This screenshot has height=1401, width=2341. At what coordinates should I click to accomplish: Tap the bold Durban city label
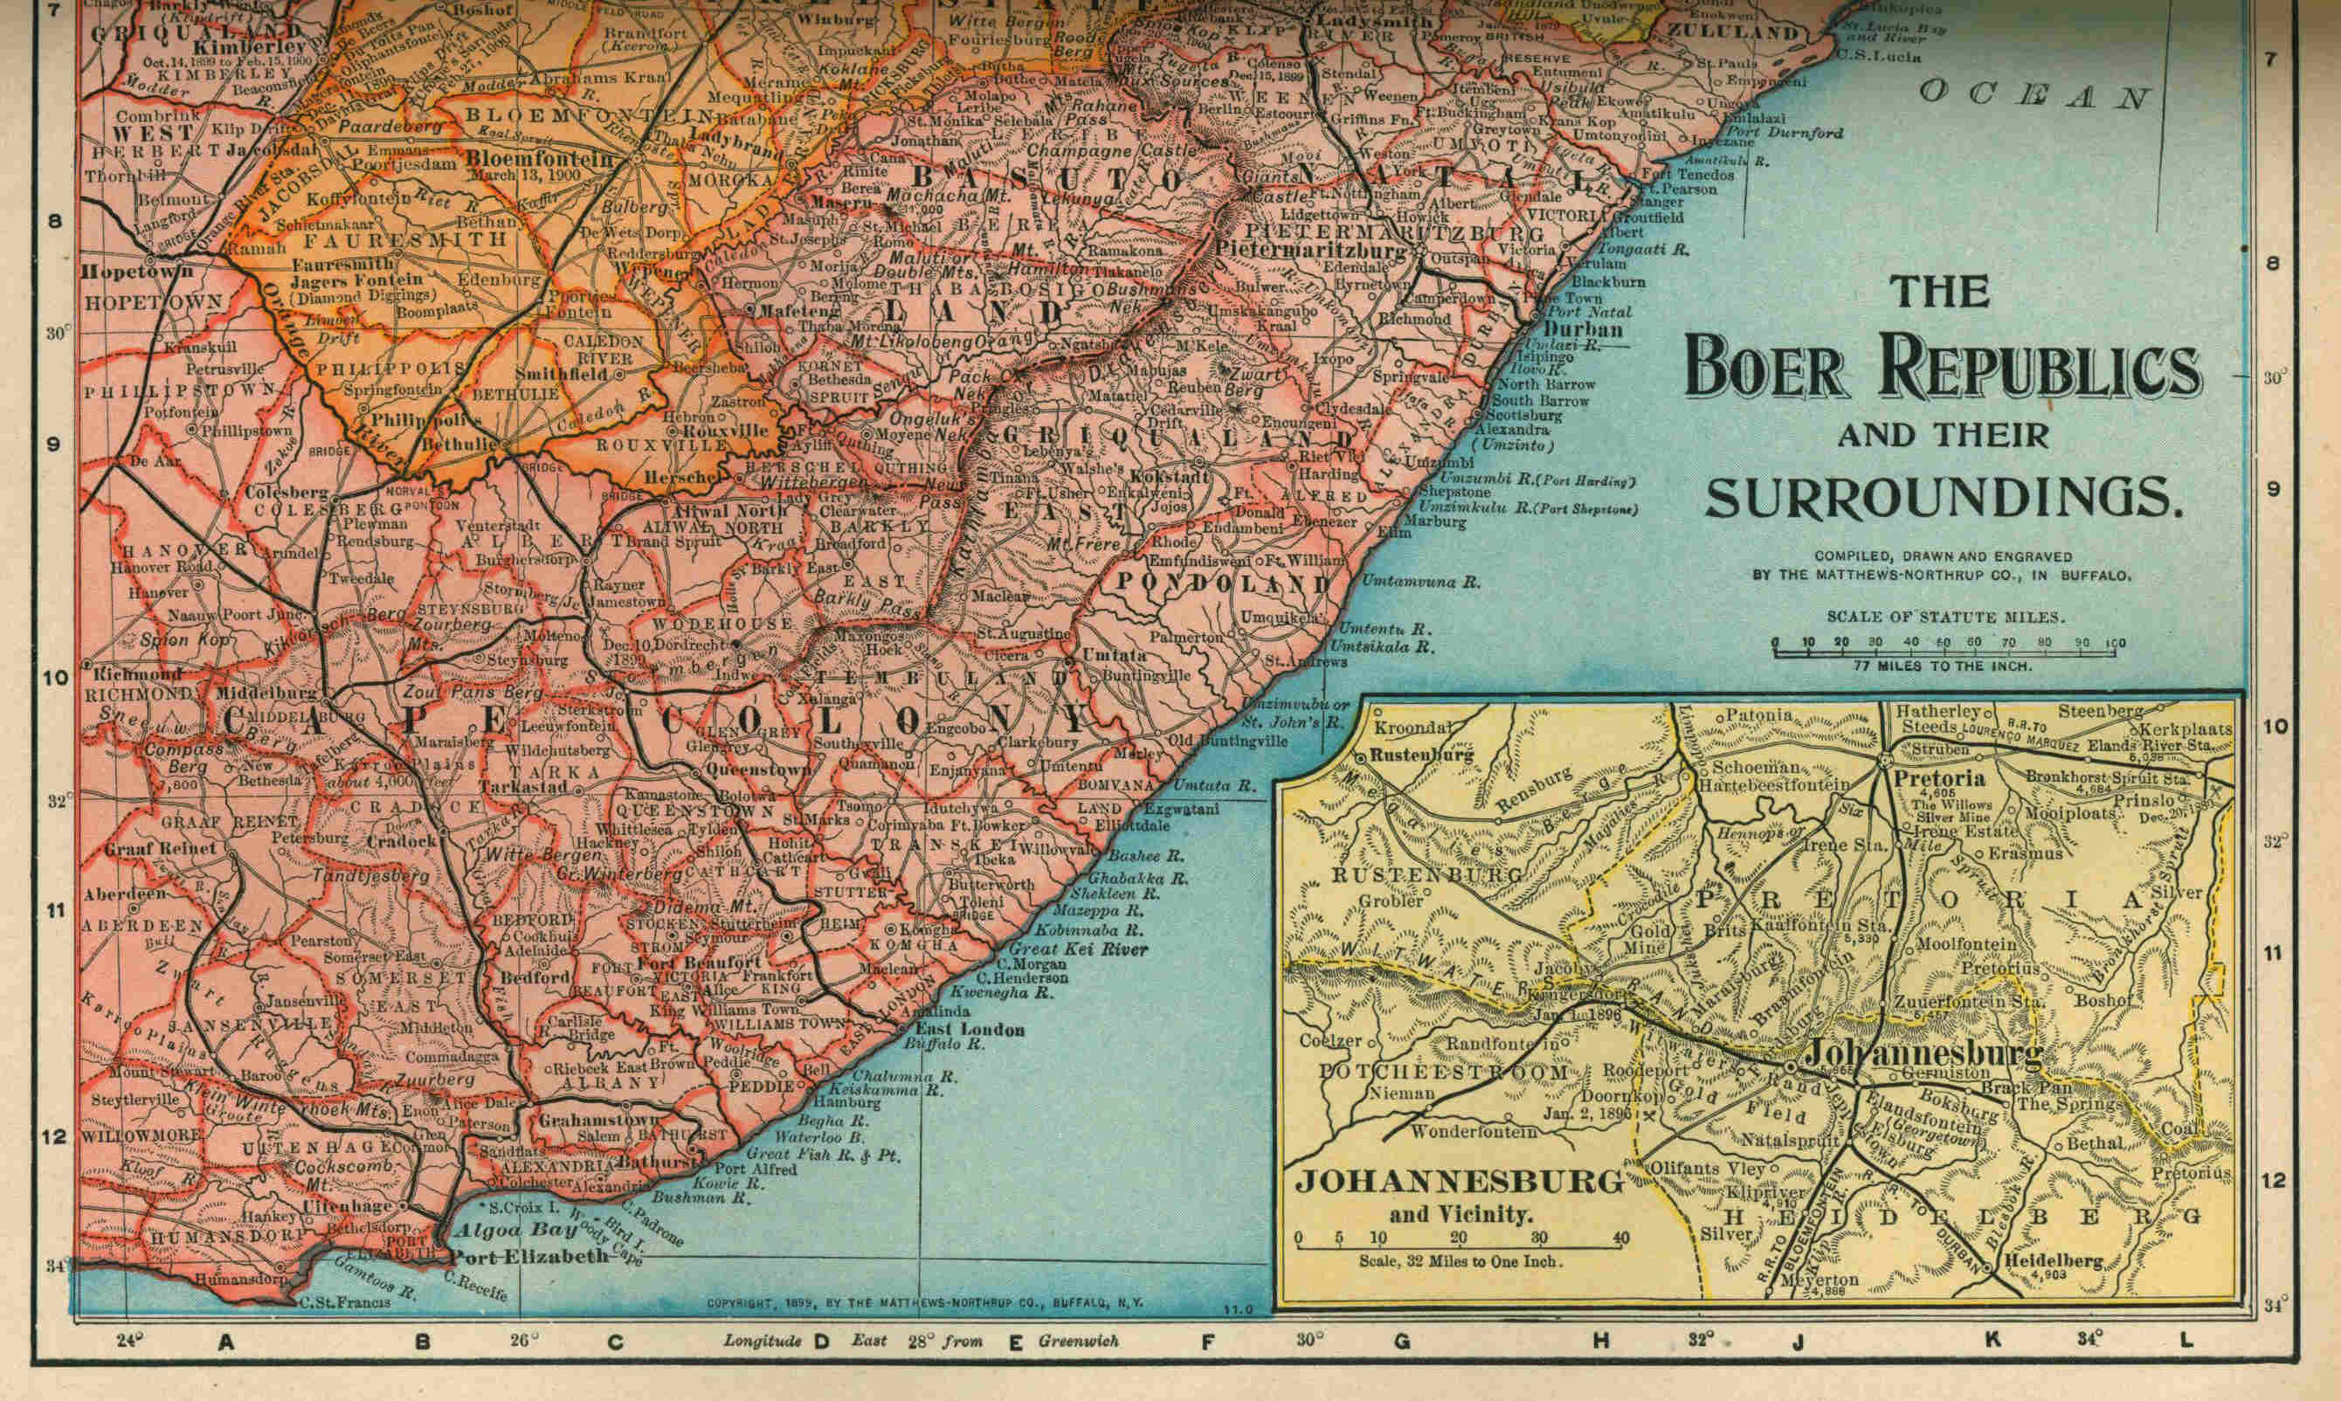[1583, 329]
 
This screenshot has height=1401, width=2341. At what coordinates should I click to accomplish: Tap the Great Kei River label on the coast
[1078, 949]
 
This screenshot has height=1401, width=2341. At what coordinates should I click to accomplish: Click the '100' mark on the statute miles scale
[2115, 644]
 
